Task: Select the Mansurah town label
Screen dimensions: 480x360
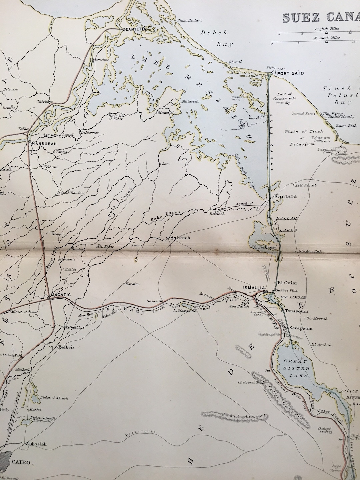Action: (x=43, y=144)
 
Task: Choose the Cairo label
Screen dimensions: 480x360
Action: (x=21, y=462)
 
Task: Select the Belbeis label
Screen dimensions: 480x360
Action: (x=67, y=347)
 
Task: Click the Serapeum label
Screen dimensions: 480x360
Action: (x=301, y=328)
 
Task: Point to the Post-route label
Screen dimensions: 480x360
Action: (x=140, y=433)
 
